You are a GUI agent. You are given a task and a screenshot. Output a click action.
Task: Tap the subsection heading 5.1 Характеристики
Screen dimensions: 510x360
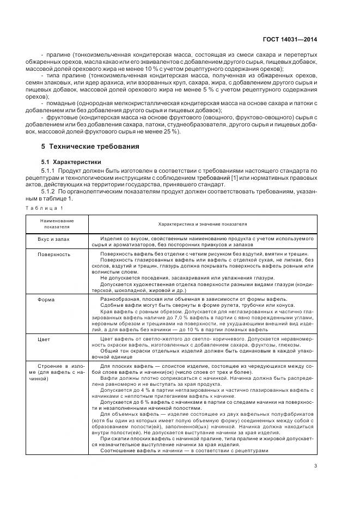pyautogui.click(x=71, y=162)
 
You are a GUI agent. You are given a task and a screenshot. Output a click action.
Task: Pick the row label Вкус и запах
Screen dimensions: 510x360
pyautogui.click(x=53, y=239)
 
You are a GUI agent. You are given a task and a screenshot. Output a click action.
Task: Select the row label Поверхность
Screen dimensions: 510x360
pyautogui.click(x=54, y=254)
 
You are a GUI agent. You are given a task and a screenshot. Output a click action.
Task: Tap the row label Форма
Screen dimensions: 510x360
pyautogui.click(x=46, y=300)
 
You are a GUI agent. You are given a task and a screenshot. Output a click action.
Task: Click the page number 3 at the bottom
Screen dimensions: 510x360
pyautogui.click(x=315, y=465)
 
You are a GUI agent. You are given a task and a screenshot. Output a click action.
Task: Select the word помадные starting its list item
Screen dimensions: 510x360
pyautogui.click(x=61, y=103)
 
